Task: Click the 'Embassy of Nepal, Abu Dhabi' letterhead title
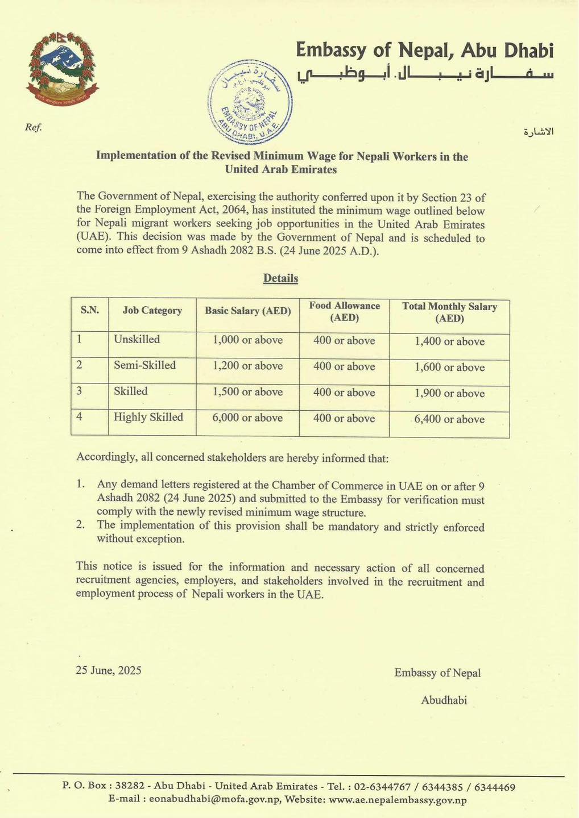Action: coord(424,51)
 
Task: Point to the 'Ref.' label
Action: coord(34,127)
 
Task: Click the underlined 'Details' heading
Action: coord(280,278)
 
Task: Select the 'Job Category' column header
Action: coord(152,311)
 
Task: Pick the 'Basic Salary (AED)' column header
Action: coord(247,311)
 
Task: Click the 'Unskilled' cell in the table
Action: coord(137,340)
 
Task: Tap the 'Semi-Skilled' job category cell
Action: coord(144,365)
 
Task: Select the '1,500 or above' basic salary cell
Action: coord(247,392)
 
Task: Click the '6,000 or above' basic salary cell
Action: coord(247,418)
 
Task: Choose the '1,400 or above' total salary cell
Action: coord(449,341)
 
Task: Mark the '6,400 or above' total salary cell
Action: coord(449,419)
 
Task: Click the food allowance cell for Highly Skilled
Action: coord(344,419)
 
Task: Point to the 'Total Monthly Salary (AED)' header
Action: coord(449,312)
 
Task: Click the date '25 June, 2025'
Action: coord(109,670)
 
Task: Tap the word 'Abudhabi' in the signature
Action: coord(444,700)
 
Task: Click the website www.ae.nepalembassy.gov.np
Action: coord(398,800)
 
